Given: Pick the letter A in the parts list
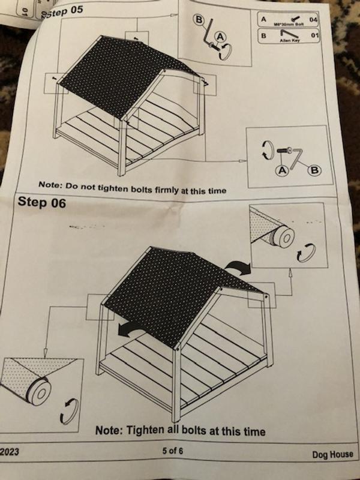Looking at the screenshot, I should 263,19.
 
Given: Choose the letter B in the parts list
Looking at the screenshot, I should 263,35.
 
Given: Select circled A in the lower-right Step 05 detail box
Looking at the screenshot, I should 281,170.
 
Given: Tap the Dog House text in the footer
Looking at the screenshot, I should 332,454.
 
